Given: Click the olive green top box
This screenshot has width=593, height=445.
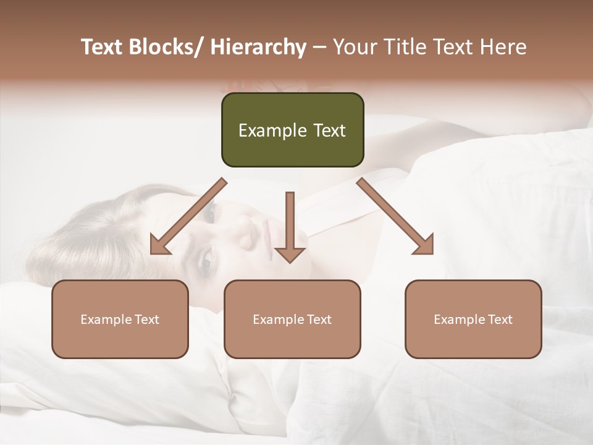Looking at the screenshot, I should point(292,130).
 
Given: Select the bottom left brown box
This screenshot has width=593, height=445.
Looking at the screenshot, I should point(120,319).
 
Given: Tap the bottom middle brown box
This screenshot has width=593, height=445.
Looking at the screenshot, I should point(292,319).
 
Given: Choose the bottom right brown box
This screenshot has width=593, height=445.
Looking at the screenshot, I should point(473,319).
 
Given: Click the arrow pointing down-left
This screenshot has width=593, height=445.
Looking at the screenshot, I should point(188,217).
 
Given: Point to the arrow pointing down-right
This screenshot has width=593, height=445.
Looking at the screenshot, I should point(395,216).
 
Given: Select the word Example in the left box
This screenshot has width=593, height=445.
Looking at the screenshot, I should point(106,320).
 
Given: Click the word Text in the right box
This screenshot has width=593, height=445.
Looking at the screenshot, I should point(500,320).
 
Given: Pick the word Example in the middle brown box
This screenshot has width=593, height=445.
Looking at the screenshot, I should point(278,320).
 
